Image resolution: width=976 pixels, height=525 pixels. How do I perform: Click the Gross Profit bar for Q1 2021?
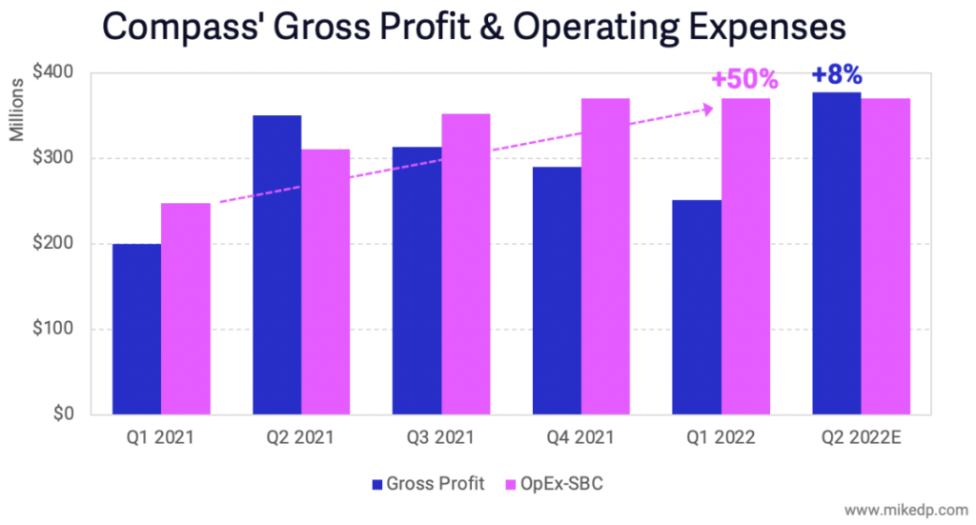pyautogui.click(x=136, y=330)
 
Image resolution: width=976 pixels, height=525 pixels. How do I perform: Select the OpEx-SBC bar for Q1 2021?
pyautogui.click(x=185, y=310)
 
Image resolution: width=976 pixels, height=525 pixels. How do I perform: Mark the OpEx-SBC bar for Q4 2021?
pyautogui.click(x=605, y=257)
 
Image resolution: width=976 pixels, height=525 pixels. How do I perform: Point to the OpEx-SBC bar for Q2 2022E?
pyautogui.click(x=885, y=257)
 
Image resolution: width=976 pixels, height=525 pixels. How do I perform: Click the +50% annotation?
pyautogui.click(x=744, y=79)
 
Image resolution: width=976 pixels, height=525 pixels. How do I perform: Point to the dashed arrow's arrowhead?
pyautogui.click(x=706, y=109)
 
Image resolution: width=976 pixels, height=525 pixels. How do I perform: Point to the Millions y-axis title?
pyautogui.click(x=17, y=112)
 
